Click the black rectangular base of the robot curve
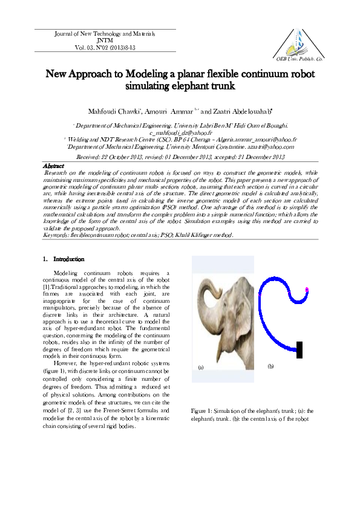coord(299,349)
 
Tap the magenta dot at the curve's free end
coord(307,291)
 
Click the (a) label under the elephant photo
coord(201,366)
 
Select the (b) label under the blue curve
coord(270,366)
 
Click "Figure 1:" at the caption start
coord(203,410)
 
